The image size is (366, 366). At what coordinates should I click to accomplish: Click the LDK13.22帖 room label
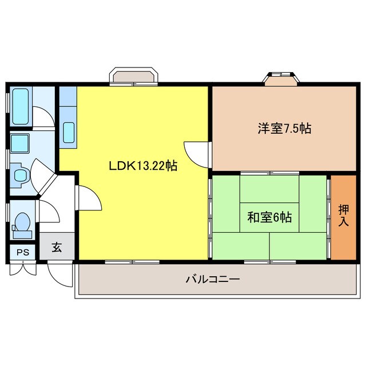[x=143, y=166]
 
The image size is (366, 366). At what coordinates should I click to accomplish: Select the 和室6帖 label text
[x=269, y=217]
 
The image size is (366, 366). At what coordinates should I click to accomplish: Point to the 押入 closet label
[x=343, y=215]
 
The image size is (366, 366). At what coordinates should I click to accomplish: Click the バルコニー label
[x=212, y=280]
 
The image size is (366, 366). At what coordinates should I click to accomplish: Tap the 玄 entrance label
[x=57, y=248]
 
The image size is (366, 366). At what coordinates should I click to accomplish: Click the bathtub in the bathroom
[x=21, y=108]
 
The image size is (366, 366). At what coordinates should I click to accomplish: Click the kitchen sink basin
[x=69, y=133]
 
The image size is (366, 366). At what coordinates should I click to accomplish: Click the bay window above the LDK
[x=134, y=77]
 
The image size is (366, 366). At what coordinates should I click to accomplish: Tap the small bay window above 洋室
[x=280, y=78]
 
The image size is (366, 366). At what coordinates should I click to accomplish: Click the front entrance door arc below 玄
[x=60, y=274]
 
